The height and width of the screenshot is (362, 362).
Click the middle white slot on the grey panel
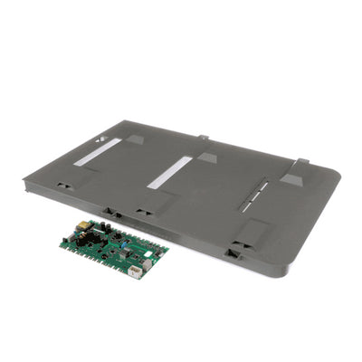(x=171, y=172)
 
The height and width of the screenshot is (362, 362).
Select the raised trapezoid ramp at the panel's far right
(x=295, y=173)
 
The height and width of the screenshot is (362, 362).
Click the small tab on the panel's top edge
(x=203, y=138)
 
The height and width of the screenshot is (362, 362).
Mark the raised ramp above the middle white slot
(x=207, y=157)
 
